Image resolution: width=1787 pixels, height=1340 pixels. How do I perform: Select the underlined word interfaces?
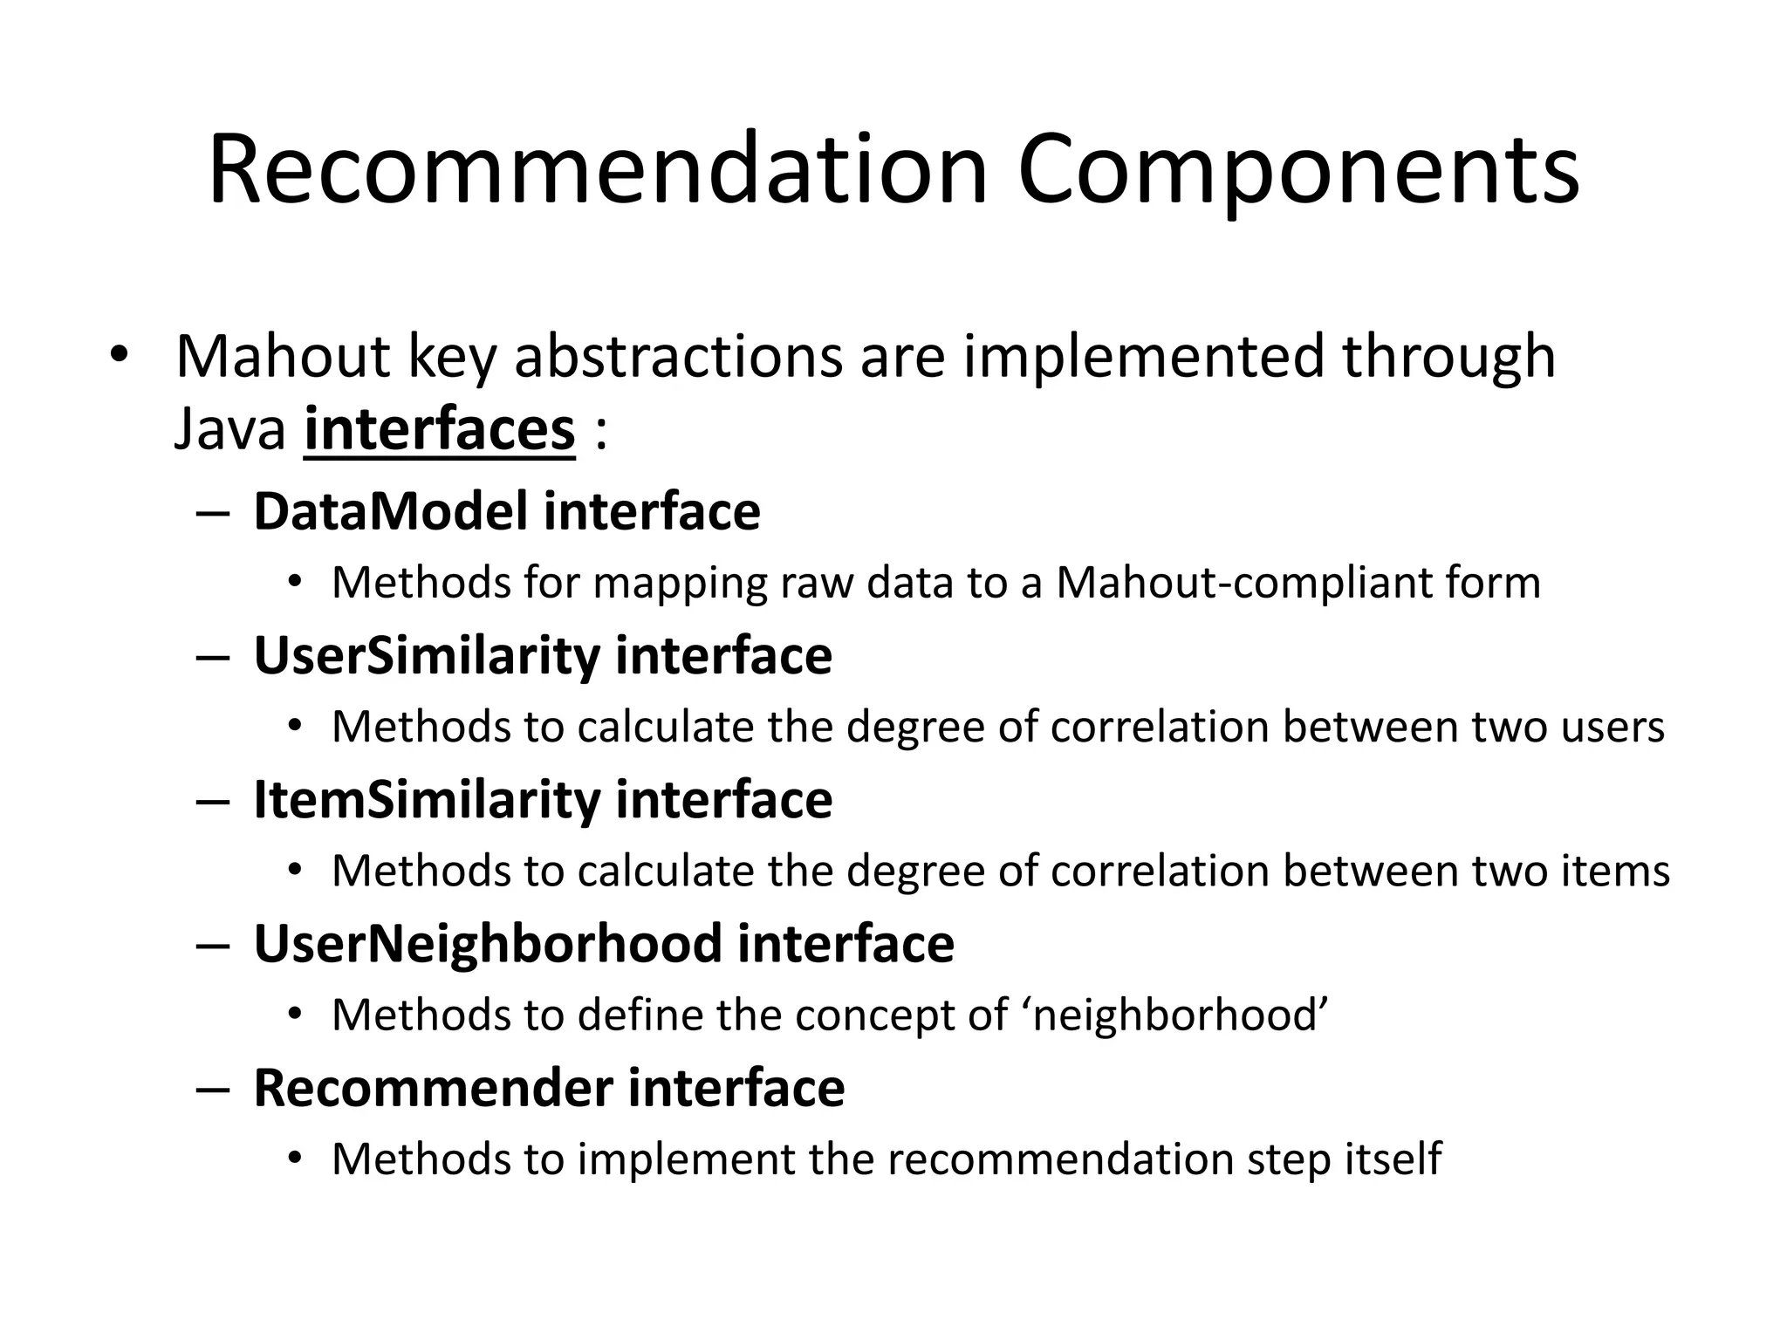tap(440, 429)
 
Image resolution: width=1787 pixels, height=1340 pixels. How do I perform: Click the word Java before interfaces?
tap(230, 429)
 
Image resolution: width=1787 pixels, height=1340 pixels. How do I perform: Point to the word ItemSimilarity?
tap(427, 799)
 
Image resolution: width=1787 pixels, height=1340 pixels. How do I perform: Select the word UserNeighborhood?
tap(488, 944)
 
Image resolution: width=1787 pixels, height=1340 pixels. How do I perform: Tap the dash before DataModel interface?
tap(213, 513)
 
